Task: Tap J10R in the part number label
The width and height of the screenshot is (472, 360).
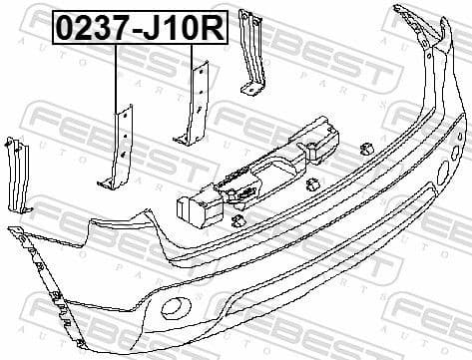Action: click(181, 28)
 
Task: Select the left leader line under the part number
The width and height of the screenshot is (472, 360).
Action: click(116, 75)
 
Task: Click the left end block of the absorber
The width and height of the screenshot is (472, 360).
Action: click(192, 206)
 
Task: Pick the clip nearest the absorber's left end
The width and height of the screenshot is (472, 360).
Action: click(238, 220)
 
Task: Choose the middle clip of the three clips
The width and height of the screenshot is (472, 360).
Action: click(312, 183)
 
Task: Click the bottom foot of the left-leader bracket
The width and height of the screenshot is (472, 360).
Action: click(107, 182)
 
